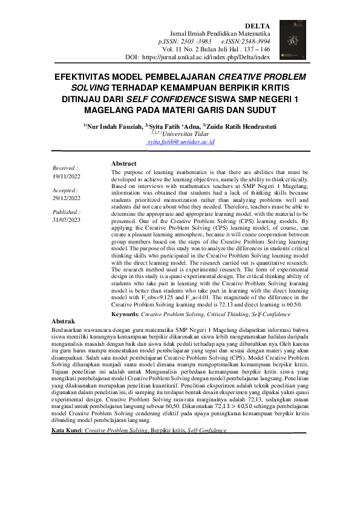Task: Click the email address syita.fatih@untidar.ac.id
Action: [x=181, y=142]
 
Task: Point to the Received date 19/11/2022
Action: [x=67, y=177]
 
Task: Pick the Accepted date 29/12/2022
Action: [x=67, y=198]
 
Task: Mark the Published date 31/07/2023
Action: [x=67, y=220]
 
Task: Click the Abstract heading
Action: [x=124, y=163]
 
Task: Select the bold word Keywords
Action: [x=125, y=314]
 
